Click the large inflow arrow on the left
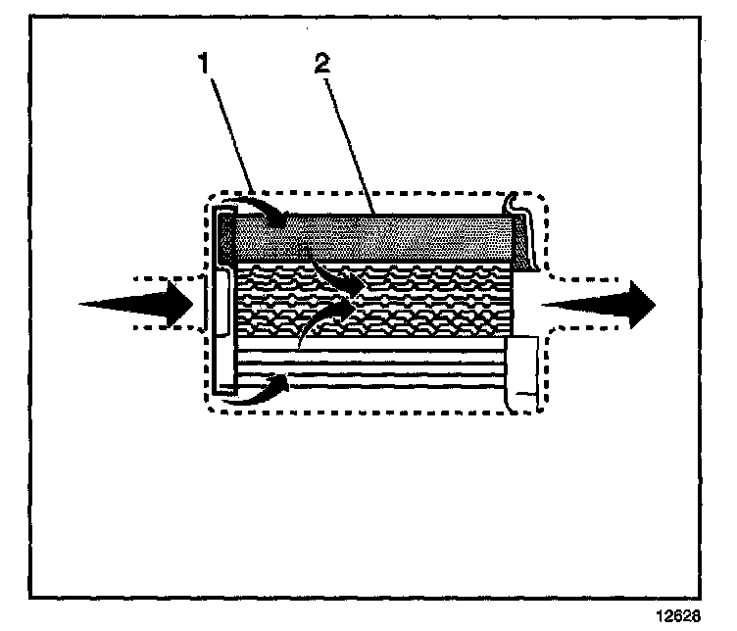[137, 304]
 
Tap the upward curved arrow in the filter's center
[323, 318]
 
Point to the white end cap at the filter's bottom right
[523, 369]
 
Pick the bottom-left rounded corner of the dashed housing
[212, 405]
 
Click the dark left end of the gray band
[225, 237]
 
